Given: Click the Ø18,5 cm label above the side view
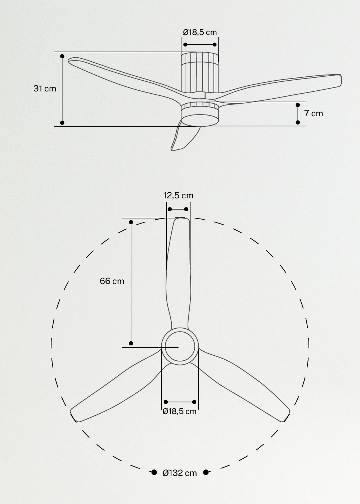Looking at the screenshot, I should (x=200, y=32).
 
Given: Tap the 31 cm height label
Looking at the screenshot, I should (x=45, y=88).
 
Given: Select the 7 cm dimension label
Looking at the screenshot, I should (x=314, y=113).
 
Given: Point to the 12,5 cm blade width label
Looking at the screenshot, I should (x=178, y=195).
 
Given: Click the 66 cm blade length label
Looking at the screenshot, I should (x=112, y=281).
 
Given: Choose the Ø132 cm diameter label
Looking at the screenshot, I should (x=180, y=473).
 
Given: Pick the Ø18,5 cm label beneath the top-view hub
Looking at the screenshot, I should (x=180, y=411).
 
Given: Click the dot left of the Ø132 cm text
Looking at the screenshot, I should (x=154, y=472).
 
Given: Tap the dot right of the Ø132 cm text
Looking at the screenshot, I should (x=206, y=472).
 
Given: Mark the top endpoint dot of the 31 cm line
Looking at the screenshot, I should (x=62, y=57).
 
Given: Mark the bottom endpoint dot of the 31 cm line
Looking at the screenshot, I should (x=62, y=123).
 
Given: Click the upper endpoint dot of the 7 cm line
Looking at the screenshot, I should (x=298, y=105).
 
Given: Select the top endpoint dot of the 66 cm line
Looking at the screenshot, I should (x=131, y=222).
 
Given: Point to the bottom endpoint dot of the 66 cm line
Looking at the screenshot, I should (x=131, y=343).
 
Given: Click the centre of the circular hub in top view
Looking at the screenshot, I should (x=180, y=346).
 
